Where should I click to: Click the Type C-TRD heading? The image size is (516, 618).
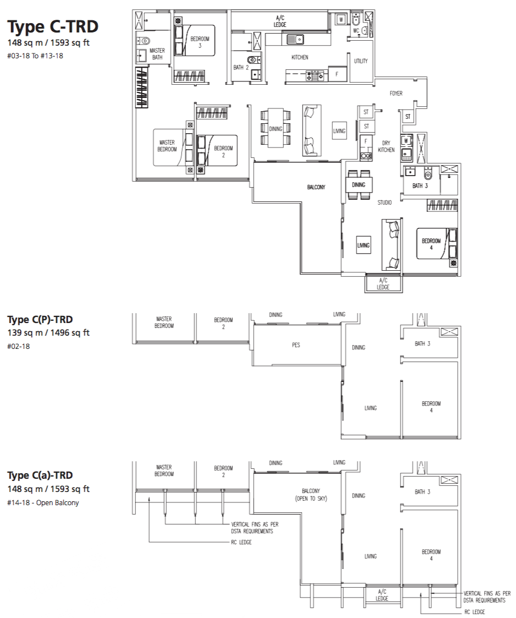coord(53,27)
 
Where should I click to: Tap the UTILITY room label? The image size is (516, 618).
coord(361,61)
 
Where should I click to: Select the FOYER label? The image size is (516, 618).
coord(396,94)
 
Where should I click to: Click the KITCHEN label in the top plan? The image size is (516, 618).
coord(300,58)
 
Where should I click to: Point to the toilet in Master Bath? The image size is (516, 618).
coord(145,40)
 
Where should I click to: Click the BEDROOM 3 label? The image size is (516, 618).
coord(200,42)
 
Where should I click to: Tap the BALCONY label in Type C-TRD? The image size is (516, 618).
coord(316,187)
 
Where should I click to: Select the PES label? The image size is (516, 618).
coord(296,345)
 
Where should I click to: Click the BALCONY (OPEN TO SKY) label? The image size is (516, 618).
coord(311,495)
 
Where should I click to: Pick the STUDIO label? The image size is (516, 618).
coord(385,203)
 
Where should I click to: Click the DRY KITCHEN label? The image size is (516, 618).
coord(386,146)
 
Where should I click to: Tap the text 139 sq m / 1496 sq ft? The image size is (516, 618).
coord(48,332)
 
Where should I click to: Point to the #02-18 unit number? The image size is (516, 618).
coord(19,347)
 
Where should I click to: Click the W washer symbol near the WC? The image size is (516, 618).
coord(341,19)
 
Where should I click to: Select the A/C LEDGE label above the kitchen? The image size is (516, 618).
coord(280,21)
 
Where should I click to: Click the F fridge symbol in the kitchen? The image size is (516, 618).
coord(337,74)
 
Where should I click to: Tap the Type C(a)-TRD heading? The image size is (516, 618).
coord(40,475)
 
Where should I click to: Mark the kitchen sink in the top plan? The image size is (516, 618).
coord(295,40)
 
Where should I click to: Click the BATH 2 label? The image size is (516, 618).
coord(241,67)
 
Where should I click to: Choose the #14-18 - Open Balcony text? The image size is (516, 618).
coord(43,503)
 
